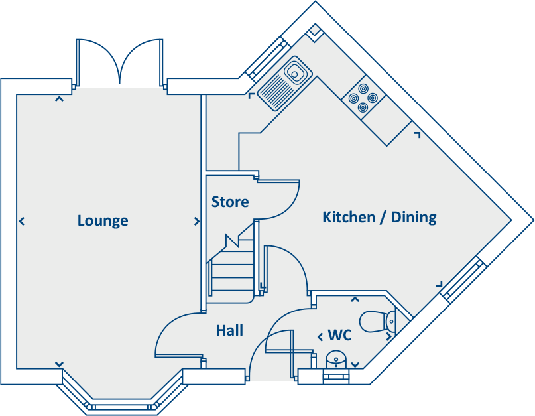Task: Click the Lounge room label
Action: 103,220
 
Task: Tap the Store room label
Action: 230,202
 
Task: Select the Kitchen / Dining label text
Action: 379,217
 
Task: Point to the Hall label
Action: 229,330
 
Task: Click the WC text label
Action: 339,336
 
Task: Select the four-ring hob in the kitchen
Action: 363,98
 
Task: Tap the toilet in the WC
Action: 377,322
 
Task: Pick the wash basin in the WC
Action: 338,358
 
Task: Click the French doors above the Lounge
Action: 120,61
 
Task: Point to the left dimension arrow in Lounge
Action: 22,221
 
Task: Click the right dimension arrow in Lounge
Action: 196,221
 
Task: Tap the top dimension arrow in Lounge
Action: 59,100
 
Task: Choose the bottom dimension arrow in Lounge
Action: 59,364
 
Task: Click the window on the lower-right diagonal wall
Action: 464,279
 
